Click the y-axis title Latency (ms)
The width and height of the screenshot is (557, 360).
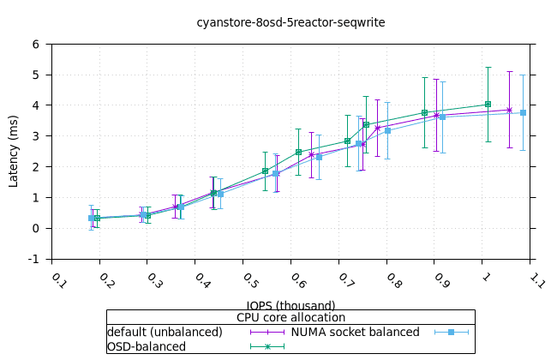[x=14, y=152]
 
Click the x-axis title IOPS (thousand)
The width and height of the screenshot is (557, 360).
[x=290, y=305]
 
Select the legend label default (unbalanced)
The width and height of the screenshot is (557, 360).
[x=165, y=332]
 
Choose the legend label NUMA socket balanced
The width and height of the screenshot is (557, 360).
[x=355, y=332]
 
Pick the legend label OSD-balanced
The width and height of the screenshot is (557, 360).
[x=146, y=346]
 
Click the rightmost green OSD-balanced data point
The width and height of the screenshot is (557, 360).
[x=488, y=105]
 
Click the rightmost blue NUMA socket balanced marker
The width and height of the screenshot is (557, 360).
[x=523, y=112]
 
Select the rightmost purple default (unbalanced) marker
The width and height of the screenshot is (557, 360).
[x=509, y=110]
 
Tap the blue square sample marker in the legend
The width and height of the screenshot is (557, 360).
[x=451, y=332]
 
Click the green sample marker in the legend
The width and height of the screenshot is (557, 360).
[x=267, y=346]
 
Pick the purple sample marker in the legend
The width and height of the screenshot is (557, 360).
[x=267, y=332]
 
